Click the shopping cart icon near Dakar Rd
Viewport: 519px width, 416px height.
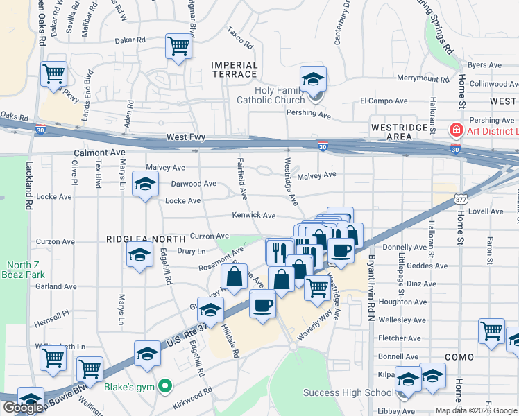tap(178, 46)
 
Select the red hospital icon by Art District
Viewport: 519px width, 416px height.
tap(456, 130)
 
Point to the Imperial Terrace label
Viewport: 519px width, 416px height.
tap(235, 69)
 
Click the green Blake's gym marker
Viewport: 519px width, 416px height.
tap(164, 385)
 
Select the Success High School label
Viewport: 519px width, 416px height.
tap(348, 393)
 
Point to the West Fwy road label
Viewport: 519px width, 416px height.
tap(185, 138)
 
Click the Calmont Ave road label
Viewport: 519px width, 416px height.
tap(99, 152)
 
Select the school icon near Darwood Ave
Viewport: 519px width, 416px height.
tap(145, 184)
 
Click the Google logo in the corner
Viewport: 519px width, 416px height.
tap(23, 408)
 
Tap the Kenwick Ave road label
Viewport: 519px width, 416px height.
tap(253, 216)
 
